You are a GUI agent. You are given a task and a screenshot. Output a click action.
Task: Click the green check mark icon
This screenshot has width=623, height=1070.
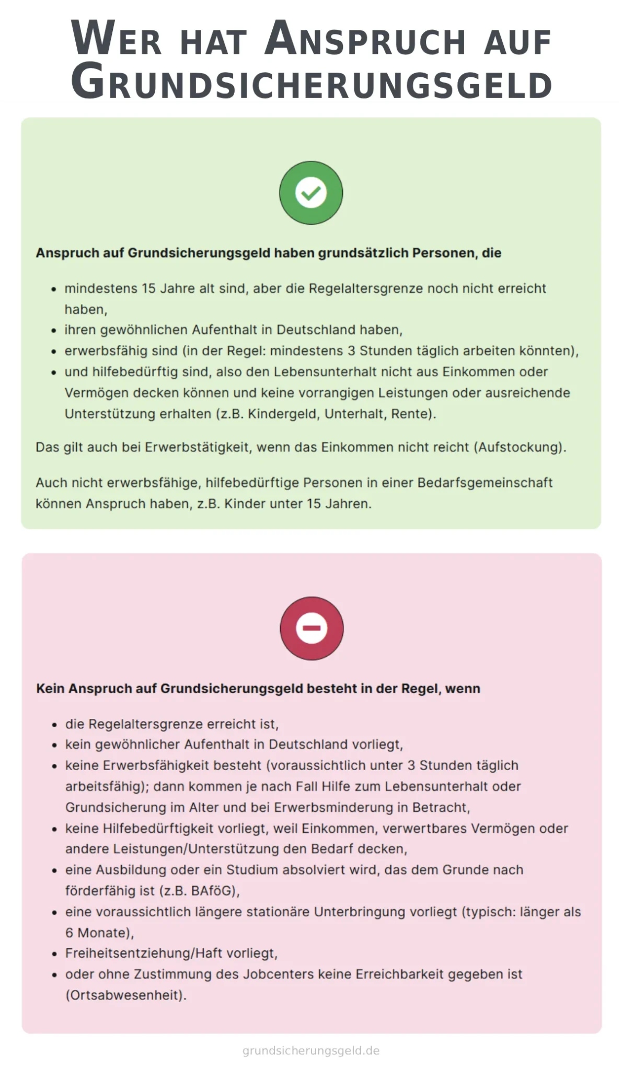tap(311, 193)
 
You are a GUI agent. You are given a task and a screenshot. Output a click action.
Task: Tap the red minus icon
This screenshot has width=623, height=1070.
tap(311, 628)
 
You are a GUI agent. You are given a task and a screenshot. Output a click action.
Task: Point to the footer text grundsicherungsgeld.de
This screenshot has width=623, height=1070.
tap(311, 1051)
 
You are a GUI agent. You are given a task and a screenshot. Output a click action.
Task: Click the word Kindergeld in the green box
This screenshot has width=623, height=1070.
tap(282, 414)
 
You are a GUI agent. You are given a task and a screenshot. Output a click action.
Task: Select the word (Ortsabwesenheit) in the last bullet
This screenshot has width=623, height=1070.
tap(126, 995)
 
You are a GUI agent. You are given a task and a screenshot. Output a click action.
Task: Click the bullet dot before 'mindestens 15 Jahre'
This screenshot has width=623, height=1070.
tap(53, 289)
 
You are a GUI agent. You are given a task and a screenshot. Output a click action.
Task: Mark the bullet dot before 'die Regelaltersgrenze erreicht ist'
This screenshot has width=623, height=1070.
tap(54, 725)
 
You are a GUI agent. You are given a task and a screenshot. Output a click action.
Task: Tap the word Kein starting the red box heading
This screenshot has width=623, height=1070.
tap(50, 689)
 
